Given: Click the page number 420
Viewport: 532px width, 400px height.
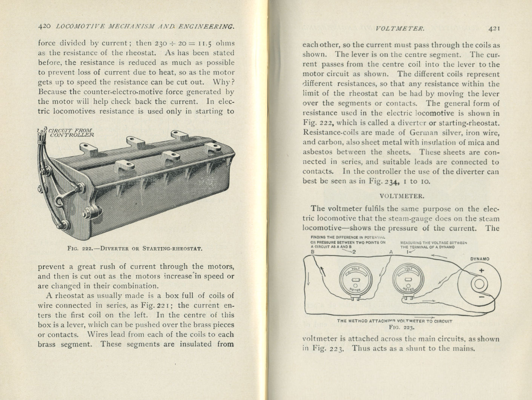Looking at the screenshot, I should point(45,26).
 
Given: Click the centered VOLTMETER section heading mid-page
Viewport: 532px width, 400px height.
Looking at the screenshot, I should point(401,196).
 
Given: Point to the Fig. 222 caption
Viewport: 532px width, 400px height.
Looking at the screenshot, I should point(134,248).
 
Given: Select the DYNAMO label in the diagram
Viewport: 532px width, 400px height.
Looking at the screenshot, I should point(480,259).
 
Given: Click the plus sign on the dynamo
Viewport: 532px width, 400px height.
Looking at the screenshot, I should point(481,270).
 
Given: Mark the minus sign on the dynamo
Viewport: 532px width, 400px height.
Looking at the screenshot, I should point(481,297).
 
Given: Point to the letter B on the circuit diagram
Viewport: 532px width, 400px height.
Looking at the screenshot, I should point(312,252).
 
